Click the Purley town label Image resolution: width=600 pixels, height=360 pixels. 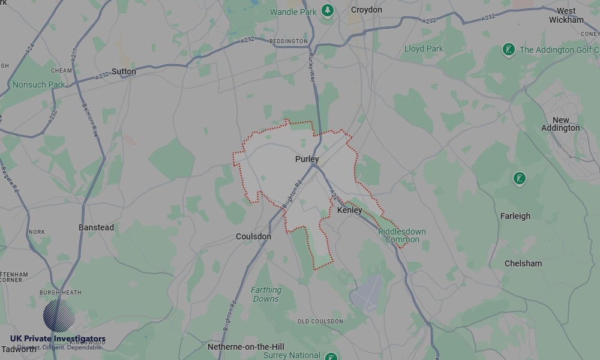pos(307,159)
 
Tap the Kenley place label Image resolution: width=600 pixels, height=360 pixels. pos(349,211)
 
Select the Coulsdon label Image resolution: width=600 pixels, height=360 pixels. pos(253,236)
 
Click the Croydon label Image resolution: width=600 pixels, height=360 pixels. pos(366,10)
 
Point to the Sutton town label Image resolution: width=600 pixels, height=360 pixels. pos(124,71)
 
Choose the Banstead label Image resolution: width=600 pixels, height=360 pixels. pos(96,227)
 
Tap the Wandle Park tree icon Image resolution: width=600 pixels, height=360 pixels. pos(327,11)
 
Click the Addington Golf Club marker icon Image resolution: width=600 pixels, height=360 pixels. pos(509,50)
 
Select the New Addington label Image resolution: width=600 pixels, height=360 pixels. pos(560,124)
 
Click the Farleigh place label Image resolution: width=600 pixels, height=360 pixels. pos(515,216)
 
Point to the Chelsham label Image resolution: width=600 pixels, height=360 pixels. pos(523,263)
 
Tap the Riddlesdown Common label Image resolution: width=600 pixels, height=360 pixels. pos(402,236)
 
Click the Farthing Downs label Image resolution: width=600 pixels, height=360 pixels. pos(266,294)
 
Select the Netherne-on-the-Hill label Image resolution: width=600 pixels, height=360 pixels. pos(245,347)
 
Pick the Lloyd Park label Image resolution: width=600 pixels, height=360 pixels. pos(424,49)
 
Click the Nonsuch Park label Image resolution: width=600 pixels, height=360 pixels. pos(38,85)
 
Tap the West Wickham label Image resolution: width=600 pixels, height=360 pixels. pos(566,15)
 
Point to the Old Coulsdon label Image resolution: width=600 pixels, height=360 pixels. pos(320,322)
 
